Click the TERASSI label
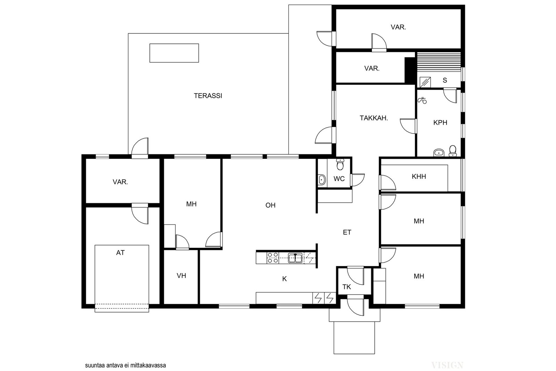pos(208,96)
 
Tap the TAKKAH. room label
pos(374,118)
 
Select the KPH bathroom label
pos(440,122)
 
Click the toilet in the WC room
pos(340,164)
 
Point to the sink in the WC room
pos(322,179)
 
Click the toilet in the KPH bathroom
pos(452,151)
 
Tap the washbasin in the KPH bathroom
pos(439,153)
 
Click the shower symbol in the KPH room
pos(422,100)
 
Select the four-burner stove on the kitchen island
pos(272,258)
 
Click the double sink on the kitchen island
pos(295,258)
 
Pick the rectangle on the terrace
pos(174,53)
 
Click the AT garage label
pos(120,253)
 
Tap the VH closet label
pos(181,276)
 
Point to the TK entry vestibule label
pos(347,287)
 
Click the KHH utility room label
pos(419,177)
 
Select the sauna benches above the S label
pos(439,62)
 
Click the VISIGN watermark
pos(447,365)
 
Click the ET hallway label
pos(347,232)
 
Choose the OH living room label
pos(270,205)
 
